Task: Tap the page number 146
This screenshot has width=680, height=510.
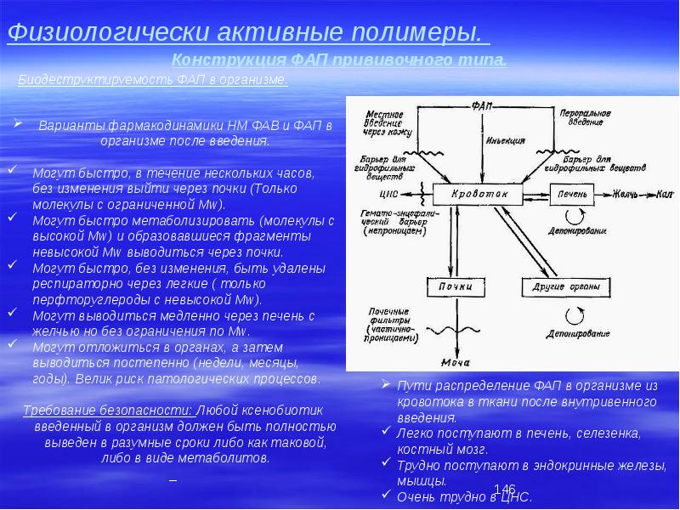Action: pyautogui.click(x=504, y=489)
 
